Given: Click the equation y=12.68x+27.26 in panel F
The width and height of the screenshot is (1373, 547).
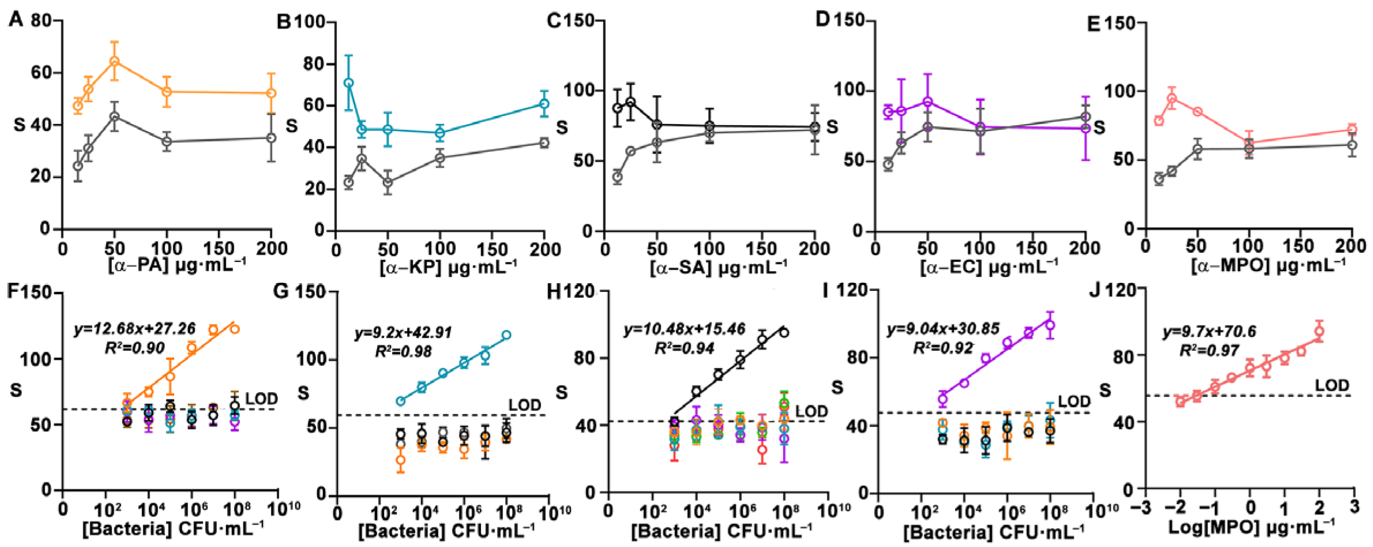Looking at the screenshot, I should pos(134,329).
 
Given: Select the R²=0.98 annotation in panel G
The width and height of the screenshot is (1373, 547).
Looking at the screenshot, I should pos(403,351).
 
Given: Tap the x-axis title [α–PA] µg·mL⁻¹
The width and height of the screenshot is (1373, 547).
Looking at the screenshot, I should pos(176,265).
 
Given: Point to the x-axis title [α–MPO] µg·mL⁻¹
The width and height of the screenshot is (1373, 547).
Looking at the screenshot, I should pos(1268,266).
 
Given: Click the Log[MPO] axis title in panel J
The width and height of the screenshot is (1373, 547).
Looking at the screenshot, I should pos(1251,526).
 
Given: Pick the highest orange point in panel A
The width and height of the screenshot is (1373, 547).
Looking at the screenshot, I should pos(115,61).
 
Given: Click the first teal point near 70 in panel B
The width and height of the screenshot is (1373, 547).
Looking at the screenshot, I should pos(348,83).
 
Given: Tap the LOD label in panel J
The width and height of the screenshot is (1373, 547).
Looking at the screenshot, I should pos(1331,385).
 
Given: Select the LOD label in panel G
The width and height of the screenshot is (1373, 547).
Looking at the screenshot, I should pos(524,405).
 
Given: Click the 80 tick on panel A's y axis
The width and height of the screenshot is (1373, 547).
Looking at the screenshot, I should pos(42,21).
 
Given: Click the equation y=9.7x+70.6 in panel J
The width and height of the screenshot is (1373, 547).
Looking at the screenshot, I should pos(1209,332).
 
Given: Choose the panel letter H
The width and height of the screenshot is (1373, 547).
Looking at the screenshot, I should pos(554,291).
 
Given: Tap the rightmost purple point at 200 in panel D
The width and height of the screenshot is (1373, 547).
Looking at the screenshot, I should pos(1086,128).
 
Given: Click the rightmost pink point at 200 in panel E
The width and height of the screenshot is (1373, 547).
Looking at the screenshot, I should pos(1352,129).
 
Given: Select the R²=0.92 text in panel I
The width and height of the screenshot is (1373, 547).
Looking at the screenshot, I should pos(942,348).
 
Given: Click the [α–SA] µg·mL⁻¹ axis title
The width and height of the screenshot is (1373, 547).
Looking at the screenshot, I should pos(718,267).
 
